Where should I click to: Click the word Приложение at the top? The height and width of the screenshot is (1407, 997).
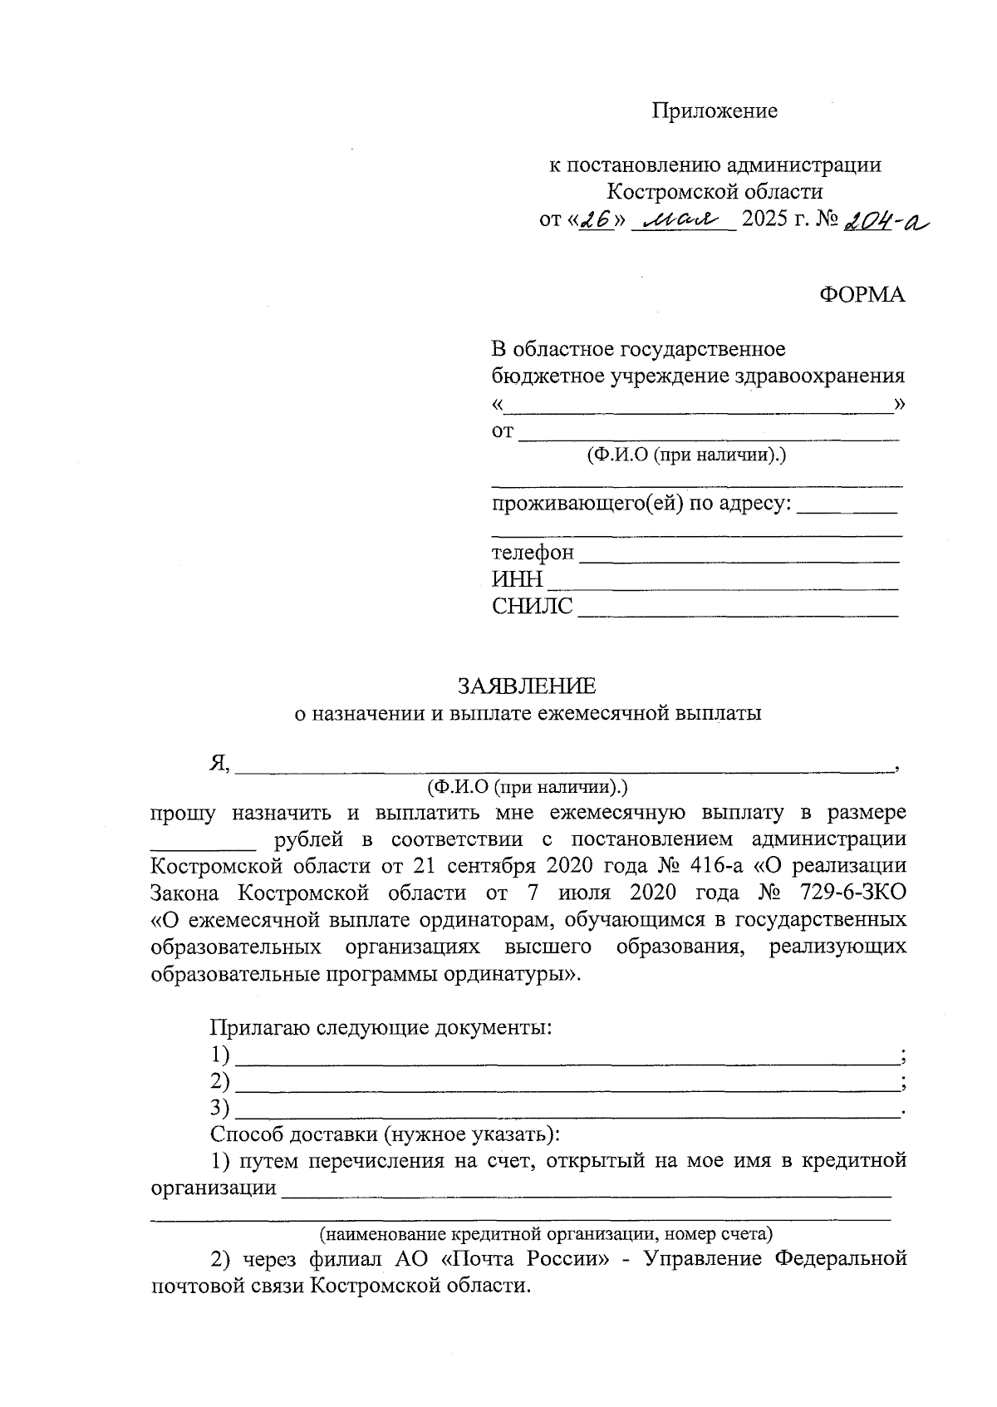[715, 111]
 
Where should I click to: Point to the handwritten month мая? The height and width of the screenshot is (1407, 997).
[681, 221]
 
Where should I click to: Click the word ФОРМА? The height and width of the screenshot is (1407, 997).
[862, 294]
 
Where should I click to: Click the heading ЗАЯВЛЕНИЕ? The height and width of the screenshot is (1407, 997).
[527, 686]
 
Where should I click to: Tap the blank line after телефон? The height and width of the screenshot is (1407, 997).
[738, 554]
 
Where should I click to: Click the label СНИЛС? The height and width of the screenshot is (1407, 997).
[532, 607]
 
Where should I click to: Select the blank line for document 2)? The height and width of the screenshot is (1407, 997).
[567, 1084]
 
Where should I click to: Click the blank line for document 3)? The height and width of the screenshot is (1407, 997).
[567, 1110]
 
